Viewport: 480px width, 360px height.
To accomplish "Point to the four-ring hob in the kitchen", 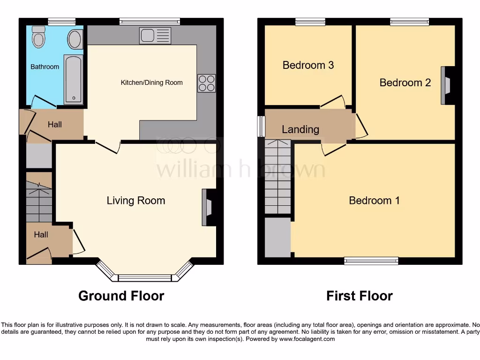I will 207,83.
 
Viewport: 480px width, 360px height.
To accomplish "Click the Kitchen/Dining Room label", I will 151,82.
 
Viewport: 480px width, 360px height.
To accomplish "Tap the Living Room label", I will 136,201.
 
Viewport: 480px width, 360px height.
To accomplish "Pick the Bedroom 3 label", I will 308,65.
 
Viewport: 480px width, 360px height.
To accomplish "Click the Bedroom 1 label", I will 374,201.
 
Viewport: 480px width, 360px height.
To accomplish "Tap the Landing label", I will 300,129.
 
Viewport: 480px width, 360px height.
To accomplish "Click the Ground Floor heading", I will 121,296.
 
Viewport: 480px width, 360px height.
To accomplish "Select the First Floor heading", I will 359,296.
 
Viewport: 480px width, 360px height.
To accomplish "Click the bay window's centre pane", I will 145,278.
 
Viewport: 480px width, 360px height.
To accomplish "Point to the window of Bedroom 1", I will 371,261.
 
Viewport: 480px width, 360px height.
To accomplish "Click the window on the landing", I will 260,126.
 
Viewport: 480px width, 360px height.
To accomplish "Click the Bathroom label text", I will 45,67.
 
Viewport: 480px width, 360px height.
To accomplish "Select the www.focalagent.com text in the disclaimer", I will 307,339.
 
